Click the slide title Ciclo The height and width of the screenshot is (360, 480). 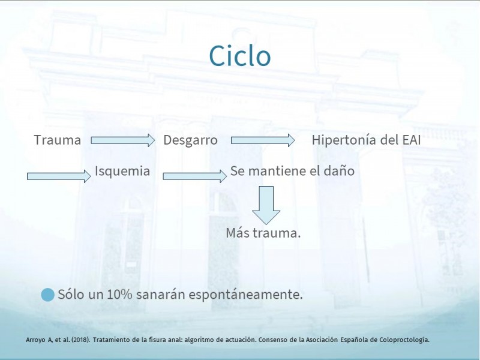coord(239,56)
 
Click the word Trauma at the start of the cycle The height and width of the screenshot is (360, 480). coord(58,140)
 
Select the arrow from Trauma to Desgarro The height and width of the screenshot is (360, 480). coord(123,140)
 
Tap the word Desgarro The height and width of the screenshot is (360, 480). coord(190,140)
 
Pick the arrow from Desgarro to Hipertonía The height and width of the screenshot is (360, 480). coord(263,140)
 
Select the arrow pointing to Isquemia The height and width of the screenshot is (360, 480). coord(59,176)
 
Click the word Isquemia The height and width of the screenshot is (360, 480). coord(122,171)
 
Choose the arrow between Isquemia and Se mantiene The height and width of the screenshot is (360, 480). coord(194,176)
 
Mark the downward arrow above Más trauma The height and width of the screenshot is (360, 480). coord(266,205)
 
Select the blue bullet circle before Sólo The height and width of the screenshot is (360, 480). coord(48,295)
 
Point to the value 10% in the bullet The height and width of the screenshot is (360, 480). coord(119,295)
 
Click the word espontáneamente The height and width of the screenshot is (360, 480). coord(245,295)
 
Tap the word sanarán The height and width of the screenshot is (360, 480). coord(161,295)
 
